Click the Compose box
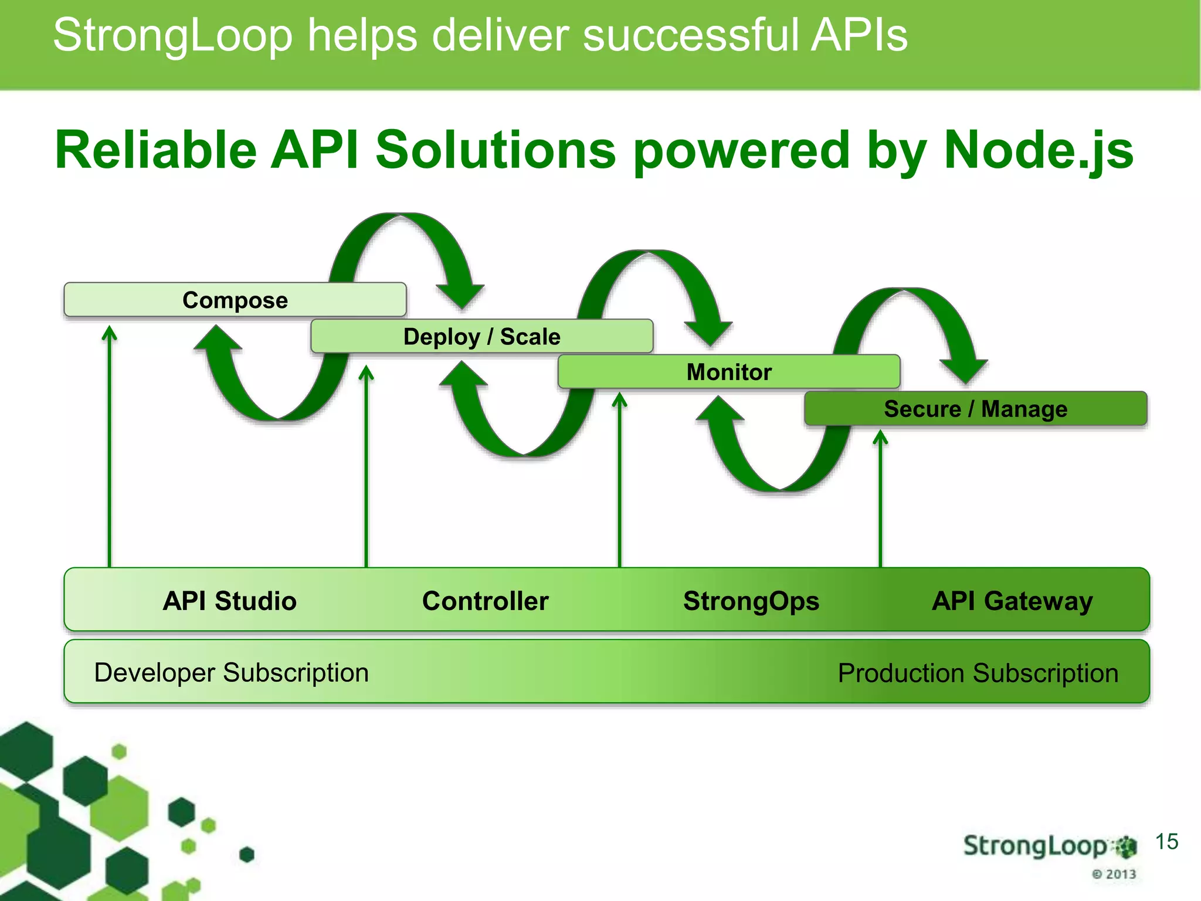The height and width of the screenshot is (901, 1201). point(235,300)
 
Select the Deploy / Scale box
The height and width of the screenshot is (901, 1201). point(481,337)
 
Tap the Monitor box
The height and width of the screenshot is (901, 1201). point(729,372)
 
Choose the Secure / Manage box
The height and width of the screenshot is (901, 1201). point(975,409)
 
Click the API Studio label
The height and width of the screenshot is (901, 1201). point(229,601)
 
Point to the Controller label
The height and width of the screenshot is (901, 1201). point(485,601)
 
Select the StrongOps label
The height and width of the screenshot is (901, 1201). point(751,601)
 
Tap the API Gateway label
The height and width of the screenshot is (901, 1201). point(1012,601)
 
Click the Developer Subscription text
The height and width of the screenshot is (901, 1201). point(231,673)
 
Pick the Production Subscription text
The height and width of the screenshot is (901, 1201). point(978,673)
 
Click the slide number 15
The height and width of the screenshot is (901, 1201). point(1166,842)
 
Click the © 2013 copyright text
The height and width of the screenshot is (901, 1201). point(1114,874)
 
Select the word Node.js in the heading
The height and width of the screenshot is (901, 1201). point(1038,150)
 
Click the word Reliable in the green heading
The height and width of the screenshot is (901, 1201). point(155,150)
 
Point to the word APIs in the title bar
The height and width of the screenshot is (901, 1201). point(859,35)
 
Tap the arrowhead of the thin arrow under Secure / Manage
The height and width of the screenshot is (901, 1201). point(880,437)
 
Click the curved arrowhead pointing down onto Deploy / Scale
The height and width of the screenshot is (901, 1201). point(462,296)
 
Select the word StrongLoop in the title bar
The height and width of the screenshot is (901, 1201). point(172,35)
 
